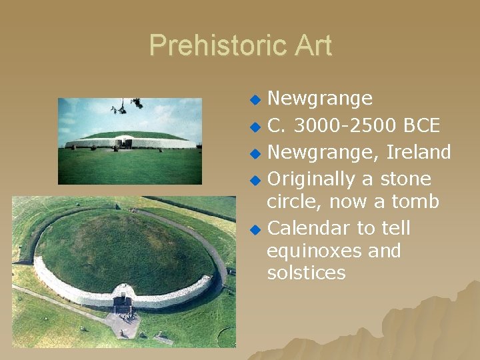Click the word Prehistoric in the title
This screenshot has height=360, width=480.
tap(210, 45)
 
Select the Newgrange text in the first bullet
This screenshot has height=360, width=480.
tap(319, 99)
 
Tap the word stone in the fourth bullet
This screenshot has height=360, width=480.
tap(405, 179)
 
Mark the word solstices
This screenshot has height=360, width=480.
tap(306, 273)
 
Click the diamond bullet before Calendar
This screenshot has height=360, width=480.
tap(254, 229)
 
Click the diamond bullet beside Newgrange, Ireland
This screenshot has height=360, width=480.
tap(254, 153)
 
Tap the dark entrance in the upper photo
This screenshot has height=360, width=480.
tap(123, 142)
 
